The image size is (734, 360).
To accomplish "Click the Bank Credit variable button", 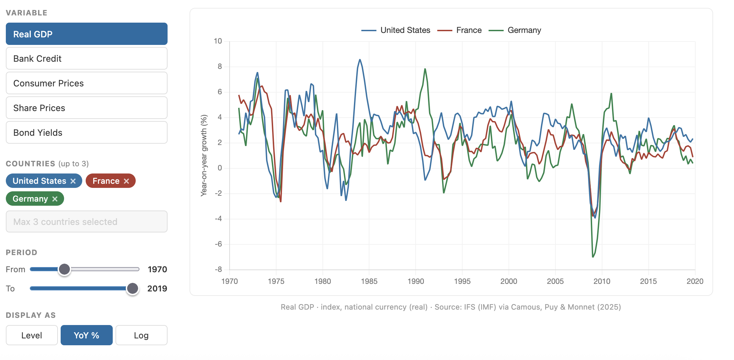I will coord(86,59).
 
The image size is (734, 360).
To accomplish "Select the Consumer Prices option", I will coord(86,83).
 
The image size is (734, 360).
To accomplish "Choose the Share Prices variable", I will coord(86,108).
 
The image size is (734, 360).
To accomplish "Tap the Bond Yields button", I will coord(86,133).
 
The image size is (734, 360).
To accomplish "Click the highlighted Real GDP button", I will coord(86,34).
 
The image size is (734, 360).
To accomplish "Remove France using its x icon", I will coord(126,181).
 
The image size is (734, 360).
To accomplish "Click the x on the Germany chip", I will coord(55,199).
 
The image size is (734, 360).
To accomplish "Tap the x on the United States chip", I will coord(73,181).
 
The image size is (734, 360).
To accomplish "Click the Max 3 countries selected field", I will coord(86,222).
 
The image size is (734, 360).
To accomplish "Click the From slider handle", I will coord(64,269).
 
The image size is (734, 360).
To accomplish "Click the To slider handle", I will coord(133,288).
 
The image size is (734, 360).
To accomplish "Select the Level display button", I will coord(32,335).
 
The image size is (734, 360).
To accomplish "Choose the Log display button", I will coord(141,335).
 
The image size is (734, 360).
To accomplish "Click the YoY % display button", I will coord(86,335).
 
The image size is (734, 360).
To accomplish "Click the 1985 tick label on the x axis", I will coord(369,281).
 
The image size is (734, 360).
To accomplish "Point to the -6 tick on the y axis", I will coord(218,244).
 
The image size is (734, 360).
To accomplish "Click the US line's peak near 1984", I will coord(360,60).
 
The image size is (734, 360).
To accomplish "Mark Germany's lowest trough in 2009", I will coord(593,257).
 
